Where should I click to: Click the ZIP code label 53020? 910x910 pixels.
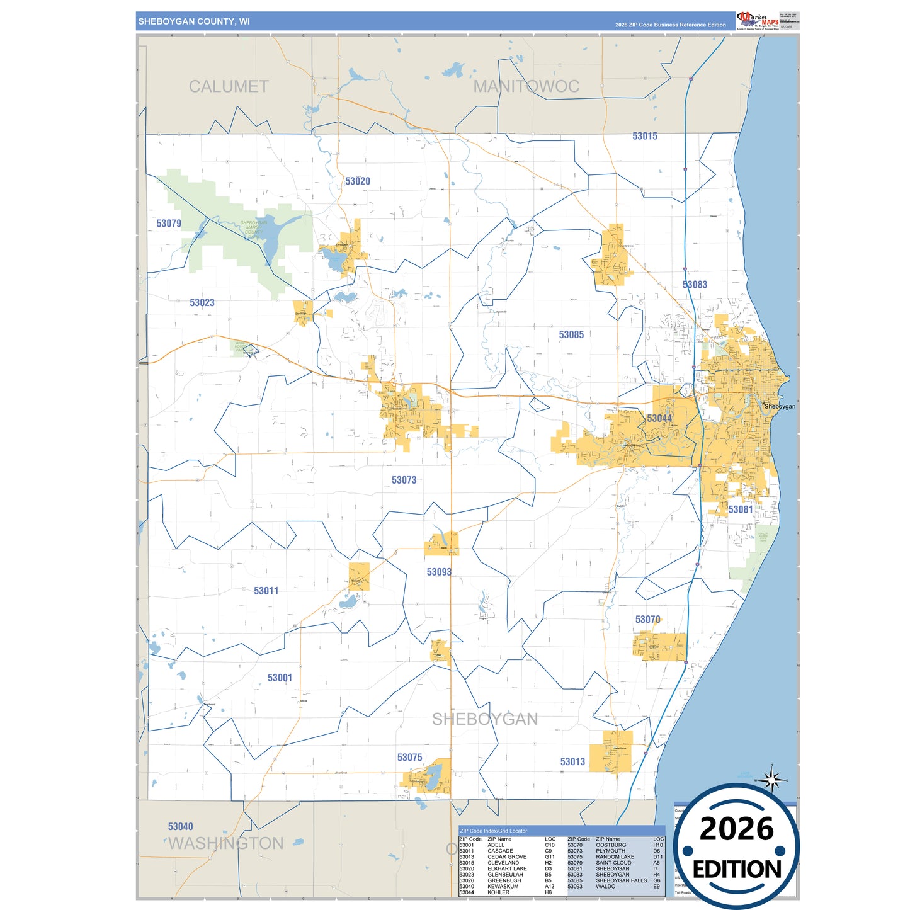[x=358, y=181]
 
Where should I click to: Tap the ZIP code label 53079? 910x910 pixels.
[x=169, y=224]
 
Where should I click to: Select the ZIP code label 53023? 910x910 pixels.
[x=202, y=303]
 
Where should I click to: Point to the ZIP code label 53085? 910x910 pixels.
[x=571, y=335]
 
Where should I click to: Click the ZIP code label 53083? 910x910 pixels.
[x=695, y=285]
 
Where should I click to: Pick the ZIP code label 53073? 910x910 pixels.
[x=404, y=480]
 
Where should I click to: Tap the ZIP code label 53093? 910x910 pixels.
[x=439, y=572]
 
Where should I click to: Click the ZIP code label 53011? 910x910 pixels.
[x=266, y=591]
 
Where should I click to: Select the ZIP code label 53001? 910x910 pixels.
[x=280, y=678]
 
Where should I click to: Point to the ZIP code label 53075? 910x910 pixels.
[x=409, y=758]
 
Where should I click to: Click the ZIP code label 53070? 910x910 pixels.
[x=647, y=620]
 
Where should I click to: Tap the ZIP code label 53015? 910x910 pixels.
[x=645, y=136]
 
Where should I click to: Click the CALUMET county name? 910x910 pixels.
[x=229, y=87]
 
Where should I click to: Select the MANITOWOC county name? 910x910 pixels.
[x=526, y=87]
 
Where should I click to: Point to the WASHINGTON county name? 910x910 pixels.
[x=226, y=843]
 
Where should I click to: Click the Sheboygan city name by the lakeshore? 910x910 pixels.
[x=780, y=407]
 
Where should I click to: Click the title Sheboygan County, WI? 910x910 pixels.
[x=194, y=21]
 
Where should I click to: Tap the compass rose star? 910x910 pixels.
[x=771, y=781]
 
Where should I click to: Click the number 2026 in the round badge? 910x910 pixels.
[x=736, y=829]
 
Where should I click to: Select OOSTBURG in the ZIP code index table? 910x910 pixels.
[x=611, y=845]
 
